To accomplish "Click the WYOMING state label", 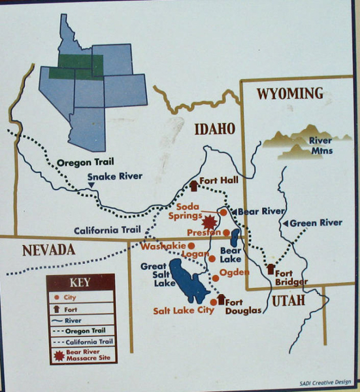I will [290, 93].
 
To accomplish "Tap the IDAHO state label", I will [214, 129].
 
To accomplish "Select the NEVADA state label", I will [48, 250].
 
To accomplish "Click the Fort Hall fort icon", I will [193, 185].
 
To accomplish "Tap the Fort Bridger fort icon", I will [270, 269].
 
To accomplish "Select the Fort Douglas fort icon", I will [220, 299].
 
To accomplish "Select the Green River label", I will [316, 223].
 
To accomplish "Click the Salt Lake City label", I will [184, 311].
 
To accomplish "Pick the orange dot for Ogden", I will [216, 279].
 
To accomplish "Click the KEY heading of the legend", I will [80, 283].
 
